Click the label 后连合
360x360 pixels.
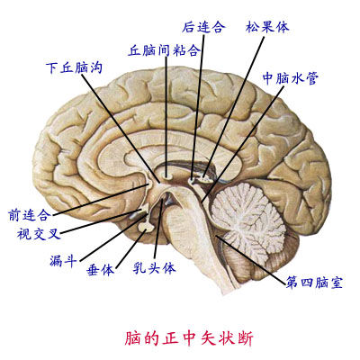point(203,27)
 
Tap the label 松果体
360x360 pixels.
point(267,27)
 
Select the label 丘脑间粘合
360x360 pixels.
point(164,50)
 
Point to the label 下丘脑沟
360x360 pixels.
point(75,67)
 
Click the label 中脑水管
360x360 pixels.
point(291,77)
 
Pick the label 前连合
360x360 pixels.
point(29,215)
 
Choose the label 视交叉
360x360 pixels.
point(39,233)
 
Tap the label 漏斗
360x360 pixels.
point(62,260)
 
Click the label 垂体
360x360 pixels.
point(100,270)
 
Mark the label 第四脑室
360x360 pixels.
point(314,282)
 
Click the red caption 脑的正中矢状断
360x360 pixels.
point(189,338)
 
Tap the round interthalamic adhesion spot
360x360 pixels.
point(166,175)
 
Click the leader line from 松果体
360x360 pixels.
point(234,107)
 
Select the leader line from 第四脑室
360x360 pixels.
point(250,260)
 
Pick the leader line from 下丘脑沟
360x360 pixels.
point(121,128)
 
